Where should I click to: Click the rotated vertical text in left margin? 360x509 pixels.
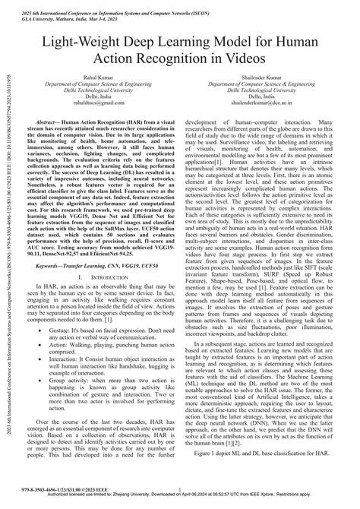[8, 251]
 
